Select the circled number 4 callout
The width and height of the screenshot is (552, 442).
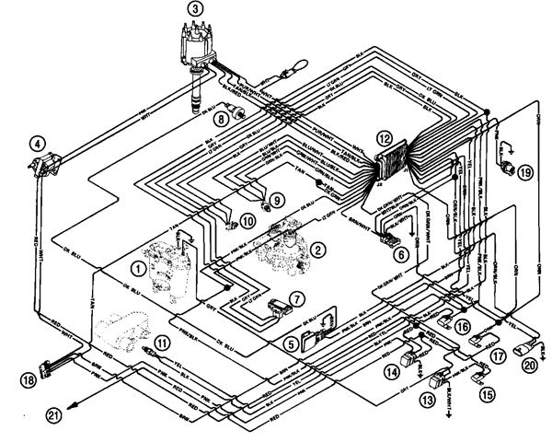37,144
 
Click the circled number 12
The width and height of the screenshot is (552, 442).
385,137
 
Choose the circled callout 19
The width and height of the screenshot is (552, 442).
524,171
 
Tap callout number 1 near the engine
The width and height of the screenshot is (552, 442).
138,268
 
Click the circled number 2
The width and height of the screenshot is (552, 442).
317,248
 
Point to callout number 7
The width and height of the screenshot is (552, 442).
296,297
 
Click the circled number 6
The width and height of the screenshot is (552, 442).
400,238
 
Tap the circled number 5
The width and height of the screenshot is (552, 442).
291,344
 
